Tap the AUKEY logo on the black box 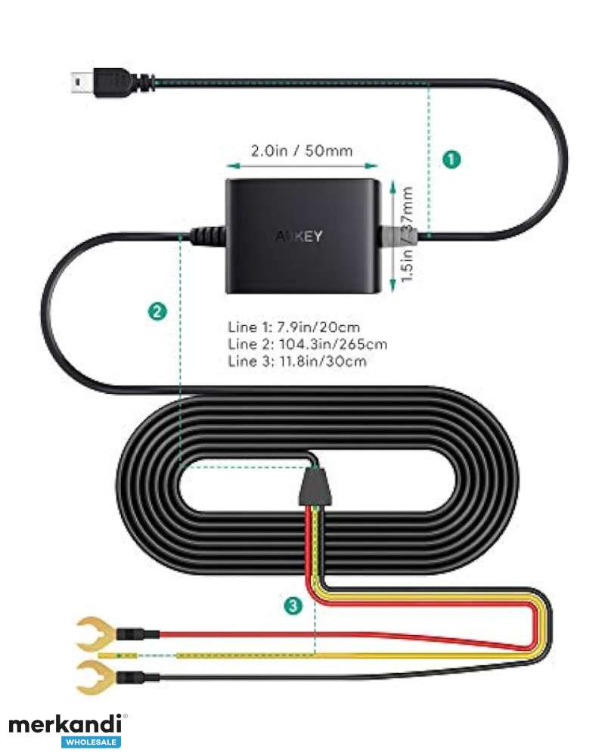[x=299, y=236]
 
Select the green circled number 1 [x=451, y=159]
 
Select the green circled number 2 [x=157, y=311]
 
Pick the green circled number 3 [x=293, y=606]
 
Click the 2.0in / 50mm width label [x=302, y=151]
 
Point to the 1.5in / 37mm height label [x=408, y=234]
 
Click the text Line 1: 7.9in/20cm [x=294, y=327]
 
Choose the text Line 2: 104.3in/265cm [x=307, y=344]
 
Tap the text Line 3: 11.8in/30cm [x=297, y=361]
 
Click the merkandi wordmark [x=65, y=725]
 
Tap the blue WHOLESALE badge [x=92, y=742]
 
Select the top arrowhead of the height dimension [x=392, y=187]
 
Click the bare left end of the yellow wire [x=118, y=655]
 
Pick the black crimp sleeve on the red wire [x=138, y=634]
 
